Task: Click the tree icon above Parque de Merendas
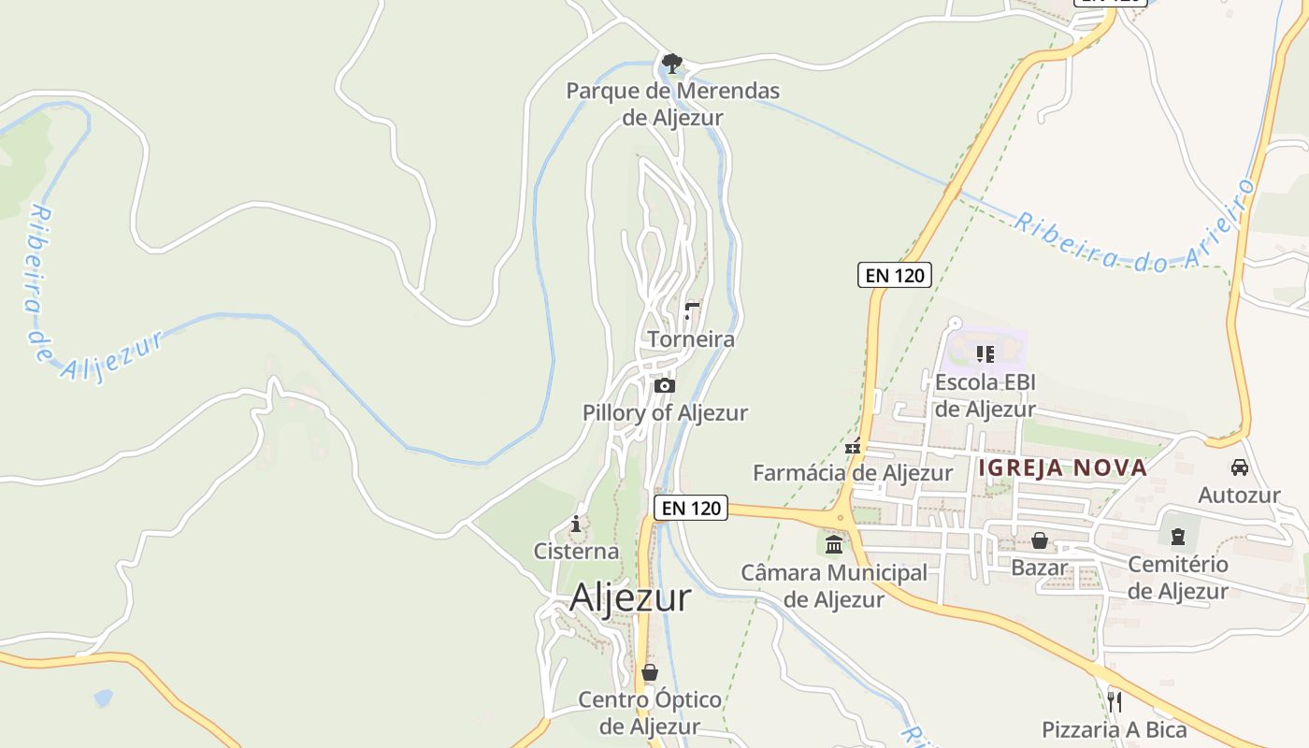pos(671,64)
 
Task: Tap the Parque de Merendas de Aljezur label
pos(672,104)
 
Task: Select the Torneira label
pos(691,339)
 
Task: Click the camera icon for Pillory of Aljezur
pos(664,385)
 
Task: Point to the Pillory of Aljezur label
pos(665,412)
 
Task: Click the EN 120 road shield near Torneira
pos(894,275)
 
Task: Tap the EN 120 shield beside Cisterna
pos(690,508)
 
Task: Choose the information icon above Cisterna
pos(576,524)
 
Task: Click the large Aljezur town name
pos(630,597)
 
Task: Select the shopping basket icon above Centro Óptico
pos(650,672)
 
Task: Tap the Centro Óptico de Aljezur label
pos(650,712)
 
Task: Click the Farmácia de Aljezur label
pos(853,473)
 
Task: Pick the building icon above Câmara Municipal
pos(834,544)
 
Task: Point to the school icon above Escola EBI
pos(985,353)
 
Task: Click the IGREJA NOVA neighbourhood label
pos(1062,467)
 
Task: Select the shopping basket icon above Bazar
pos(1039,540)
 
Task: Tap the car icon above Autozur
pos(1240,467)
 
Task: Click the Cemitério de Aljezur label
pos(1177,577)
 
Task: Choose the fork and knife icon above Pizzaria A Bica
pos(1114,701)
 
